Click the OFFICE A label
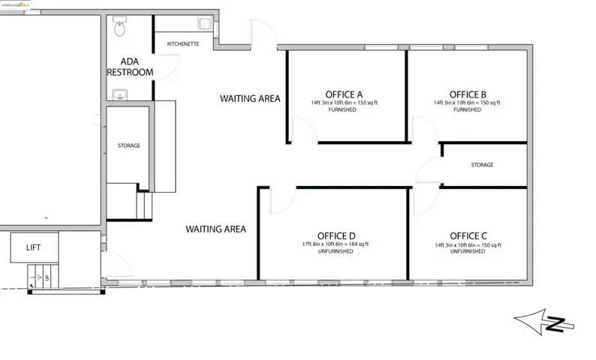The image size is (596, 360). coord(345,94)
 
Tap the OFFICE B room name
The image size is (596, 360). coord(468,94)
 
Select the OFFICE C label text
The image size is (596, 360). coord(468,235)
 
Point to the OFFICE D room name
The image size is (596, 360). coord(336,235)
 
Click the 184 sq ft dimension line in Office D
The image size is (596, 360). coord(336,244)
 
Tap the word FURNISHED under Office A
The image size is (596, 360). coord(345,109)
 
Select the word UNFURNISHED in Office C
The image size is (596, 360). coord(468,251)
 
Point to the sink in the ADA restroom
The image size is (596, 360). coord(119,95)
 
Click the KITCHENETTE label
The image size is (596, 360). coord(183,44)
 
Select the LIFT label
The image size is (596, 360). coord(33,246)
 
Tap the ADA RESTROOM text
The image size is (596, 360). coord(130,67)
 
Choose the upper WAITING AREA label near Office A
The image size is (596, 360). coord(250,98)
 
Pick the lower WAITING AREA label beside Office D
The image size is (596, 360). coord(216,229)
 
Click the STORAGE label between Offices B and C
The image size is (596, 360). coord(482,165)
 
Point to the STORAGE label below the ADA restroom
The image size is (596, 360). coord(128,145)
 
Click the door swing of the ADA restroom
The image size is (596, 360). coord(170,68)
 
